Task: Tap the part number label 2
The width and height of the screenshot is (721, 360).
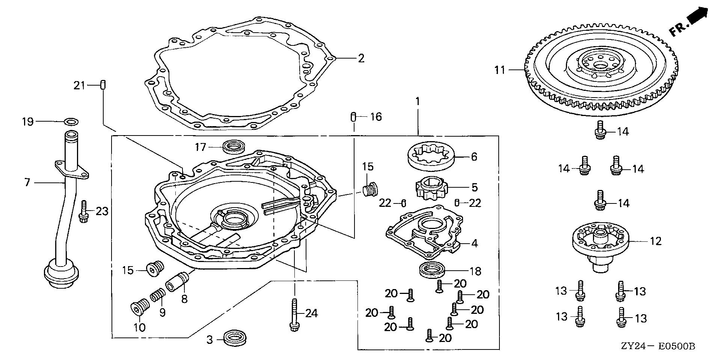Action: (x=361, y=59)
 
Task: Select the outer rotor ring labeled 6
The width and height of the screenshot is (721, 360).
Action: (x=431, y=157)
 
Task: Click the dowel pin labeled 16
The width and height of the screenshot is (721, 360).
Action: (x=353, y=117)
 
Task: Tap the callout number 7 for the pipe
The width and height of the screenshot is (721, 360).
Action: (x=27, y=183)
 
